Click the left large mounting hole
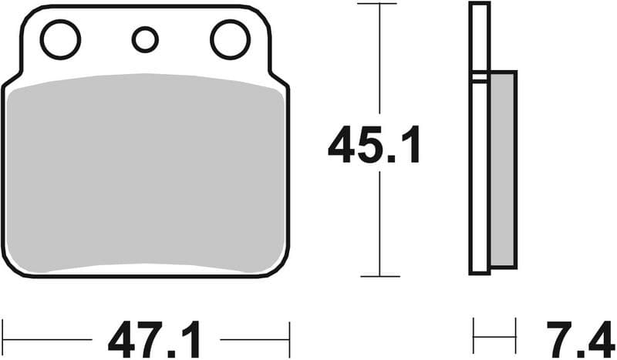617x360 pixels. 60,40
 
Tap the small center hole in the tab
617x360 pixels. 145,39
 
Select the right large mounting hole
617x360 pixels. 230,40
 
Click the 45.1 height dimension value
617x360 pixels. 375,146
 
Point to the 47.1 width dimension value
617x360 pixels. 155,339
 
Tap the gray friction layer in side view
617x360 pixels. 503,170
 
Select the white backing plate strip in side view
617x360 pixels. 480,139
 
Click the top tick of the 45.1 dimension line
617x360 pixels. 379,4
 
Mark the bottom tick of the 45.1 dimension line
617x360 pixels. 379,276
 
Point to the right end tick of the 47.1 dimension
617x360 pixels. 289,339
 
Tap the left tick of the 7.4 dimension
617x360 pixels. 474,339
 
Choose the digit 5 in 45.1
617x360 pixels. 376,146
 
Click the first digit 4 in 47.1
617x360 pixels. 123,339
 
